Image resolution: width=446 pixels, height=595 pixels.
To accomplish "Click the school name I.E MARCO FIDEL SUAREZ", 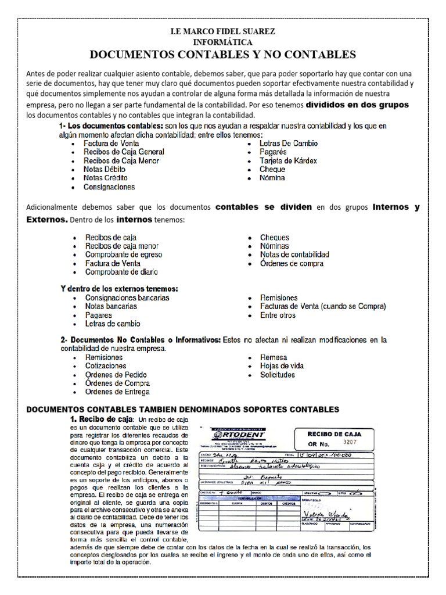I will [x=223, y=31].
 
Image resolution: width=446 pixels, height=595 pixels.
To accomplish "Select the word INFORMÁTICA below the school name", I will [x=223, y=42].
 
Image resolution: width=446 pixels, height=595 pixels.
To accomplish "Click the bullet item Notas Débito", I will [x=105, y=169].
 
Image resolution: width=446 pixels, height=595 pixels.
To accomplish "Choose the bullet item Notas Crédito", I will [x=106, y=178].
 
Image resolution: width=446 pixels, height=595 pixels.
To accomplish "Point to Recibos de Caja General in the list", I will [x=124, y=152].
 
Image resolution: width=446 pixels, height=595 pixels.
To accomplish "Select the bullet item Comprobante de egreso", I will [x=124, y=255].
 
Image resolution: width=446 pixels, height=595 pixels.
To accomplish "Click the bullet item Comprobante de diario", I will [x=121, y=272].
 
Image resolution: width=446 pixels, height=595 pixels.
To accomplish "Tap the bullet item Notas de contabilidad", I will [x=294, y=255].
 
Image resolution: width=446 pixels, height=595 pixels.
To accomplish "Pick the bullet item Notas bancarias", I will [x=111, y=306].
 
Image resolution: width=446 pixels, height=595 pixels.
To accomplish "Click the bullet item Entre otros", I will [x=278, y=316].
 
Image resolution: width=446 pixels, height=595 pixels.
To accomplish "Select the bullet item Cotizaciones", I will [x=106, y=366].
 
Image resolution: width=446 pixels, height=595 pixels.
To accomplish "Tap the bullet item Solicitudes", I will [x=278, y=375].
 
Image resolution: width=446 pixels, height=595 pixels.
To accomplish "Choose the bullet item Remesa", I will [x=273, y=357].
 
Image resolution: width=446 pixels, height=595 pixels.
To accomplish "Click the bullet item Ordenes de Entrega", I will [x=117, y=392].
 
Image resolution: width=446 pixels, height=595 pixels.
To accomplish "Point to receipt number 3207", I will [x=352, y=442].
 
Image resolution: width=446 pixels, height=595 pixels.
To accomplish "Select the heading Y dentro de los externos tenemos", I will [x=120, y=288].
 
